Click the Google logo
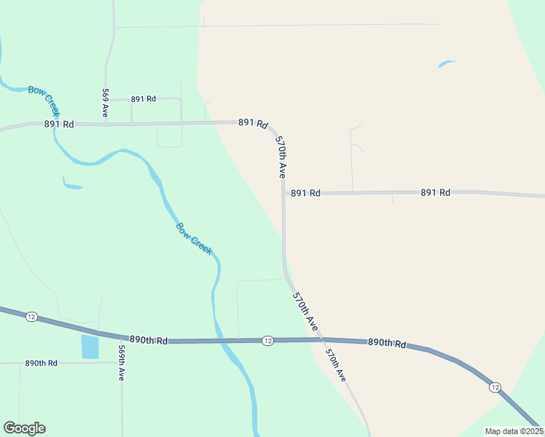(24, 428)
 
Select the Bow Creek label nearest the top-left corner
(42, 99)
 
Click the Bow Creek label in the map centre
(194, 238)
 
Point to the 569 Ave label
(106, 103)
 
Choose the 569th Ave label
(122, 363)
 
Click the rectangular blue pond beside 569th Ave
(90, 347)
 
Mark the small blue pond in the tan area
(446, 64)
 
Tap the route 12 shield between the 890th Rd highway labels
(267, 341)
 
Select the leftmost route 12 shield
(31, 316)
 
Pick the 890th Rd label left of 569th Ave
(41, 363)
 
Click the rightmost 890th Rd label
(386, 342)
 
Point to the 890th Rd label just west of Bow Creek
(149, 340)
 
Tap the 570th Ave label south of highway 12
(335, 366)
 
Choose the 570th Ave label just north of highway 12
(306, 311)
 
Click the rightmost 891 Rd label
(435, 192)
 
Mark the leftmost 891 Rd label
(59, 124)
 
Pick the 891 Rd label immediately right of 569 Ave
(144, 98)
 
